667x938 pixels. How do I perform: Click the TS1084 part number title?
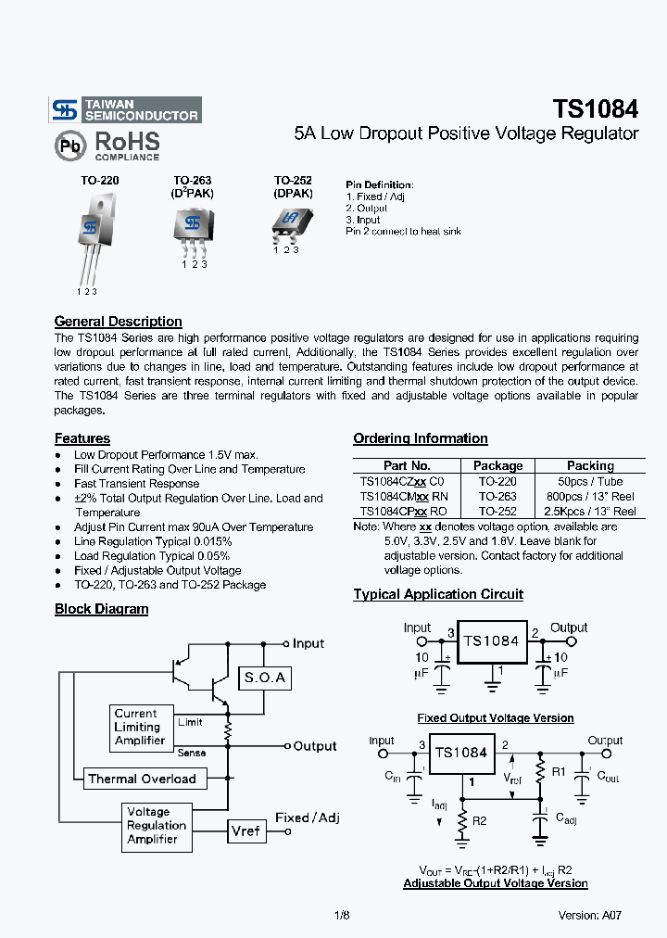[x=595, y=108]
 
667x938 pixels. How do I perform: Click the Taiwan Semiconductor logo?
[x=125, y=110]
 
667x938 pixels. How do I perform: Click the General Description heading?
[x=118, y=322]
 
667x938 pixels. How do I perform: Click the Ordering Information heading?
[x=420, y=438]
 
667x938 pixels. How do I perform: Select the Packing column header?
[x=590, y=466]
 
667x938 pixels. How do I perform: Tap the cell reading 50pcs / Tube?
[x=590, y=482]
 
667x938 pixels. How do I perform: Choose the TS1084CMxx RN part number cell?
[x=403, y=497]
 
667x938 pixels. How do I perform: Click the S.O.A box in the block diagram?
[x=264, y=678]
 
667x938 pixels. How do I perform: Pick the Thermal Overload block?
[x=142, y=780]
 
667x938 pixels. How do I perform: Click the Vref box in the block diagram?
[x=245, y=830]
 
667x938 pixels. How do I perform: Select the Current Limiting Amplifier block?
[x=140, y=727]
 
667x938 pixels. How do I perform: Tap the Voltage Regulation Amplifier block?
[x=157, y=826]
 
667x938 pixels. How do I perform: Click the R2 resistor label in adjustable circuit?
[x=479, y=821]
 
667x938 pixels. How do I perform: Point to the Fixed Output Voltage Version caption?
[x=496, y=718]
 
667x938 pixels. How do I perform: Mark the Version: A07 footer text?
[x=589, y=915]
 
